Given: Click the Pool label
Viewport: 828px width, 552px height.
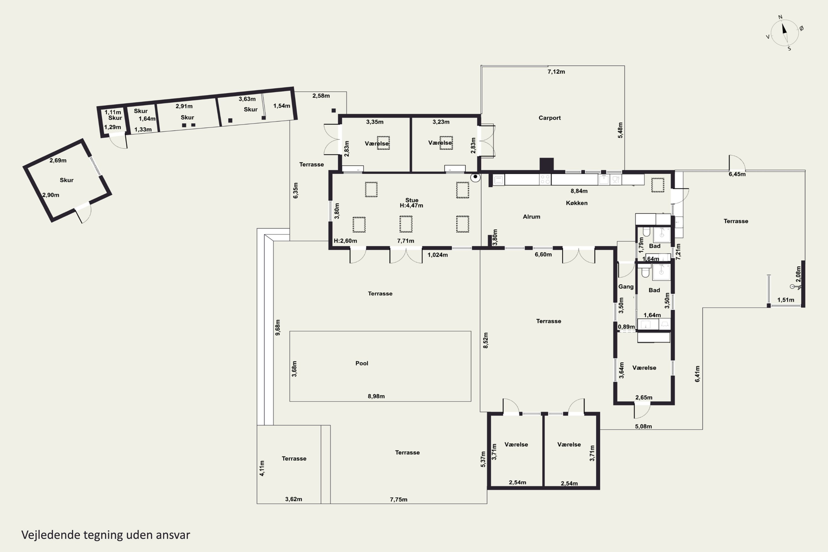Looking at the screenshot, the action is pos(362,363).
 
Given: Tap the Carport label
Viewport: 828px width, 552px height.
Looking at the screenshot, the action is pos(550,118).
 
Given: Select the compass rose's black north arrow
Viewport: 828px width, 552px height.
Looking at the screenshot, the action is pos(784,28).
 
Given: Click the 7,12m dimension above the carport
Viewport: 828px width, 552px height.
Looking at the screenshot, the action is pos(556,72).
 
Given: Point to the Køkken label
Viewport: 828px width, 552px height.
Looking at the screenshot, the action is pos(577,203).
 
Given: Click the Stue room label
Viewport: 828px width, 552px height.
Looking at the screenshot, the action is pos(412,200).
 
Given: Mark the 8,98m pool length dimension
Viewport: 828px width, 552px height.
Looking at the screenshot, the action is pos(376,396).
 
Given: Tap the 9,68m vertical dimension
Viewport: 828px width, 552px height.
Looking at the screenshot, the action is pos(278,327).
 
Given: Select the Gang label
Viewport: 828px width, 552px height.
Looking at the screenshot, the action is pos(626,286).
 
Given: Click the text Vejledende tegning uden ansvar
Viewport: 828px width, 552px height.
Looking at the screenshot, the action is pos(106,535).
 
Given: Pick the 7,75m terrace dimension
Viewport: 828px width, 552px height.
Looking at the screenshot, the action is pos(399,500).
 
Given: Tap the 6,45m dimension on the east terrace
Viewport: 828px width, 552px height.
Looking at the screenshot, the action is pos(737,174).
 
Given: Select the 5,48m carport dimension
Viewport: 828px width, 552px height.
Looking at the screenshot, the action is pos(620,130).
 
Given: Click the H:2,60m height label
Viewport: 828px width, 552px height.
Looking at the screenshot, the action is pos(345,241).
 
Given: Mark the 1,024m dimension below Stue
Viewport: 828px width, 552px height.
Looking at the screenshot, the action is pos(437,255).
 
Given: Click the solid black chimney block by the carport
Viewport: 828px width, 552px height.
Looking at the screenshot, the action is pos(546,164).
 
